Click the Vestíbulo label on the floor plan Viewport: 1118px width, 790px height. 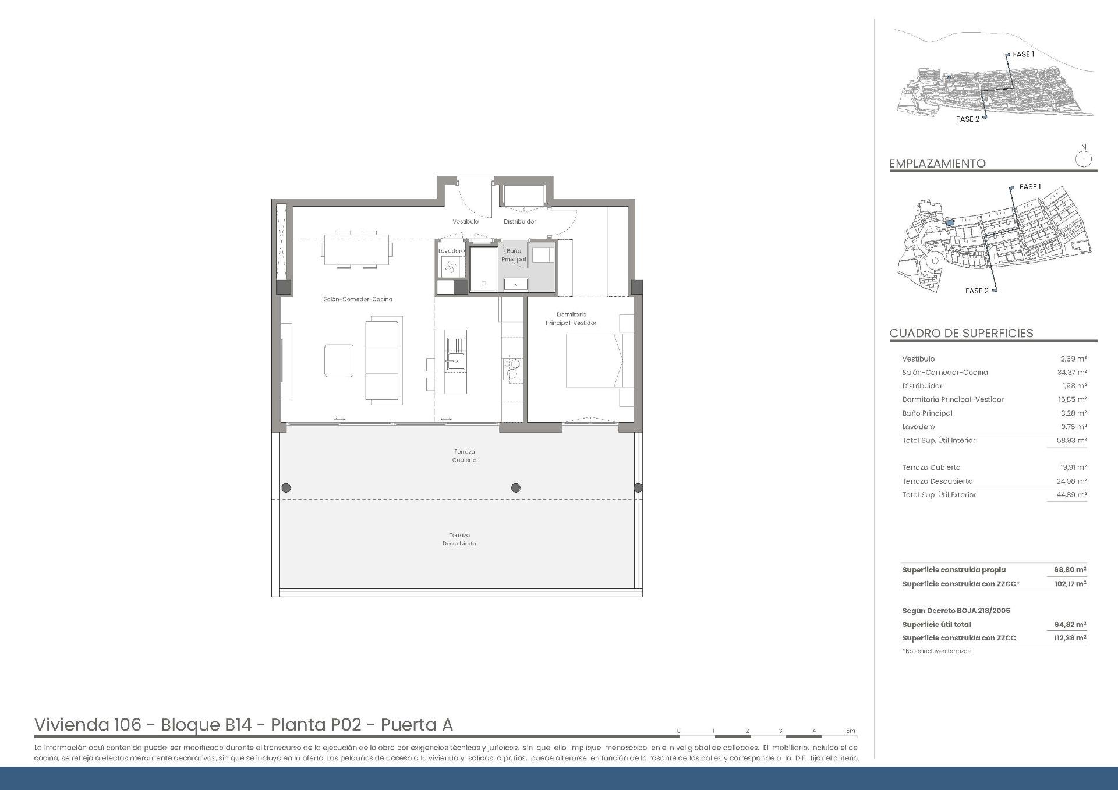465,221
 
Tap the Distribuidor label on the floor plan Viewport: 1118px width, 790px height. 519,221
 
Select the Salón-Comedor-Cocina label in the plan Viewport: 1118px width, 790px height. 358,299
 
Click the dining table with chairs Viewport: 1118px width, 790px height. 356,249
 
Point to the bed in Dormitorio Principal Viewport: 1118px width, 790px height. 593,360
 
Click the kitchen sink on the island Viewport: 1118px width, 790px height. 456,361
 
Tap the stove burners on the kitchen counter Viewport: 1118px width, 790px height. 512,369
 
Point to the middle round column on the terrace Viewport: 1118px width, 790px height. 515,488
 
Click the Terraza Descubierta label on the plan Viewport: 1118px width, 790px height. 459,539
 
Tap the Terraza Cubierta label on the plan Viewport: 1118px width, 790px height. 464,456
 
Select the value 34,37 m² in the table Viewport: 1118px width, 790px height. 1072,373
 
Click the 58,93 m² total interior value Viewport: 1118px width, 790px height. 1071,441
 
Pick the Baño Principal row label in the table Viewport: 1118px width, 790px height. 927,413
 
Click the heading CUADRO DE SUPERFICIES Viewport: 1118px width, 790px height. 961,333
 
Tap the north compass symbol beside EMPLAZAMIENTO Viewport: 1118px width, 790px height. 1083,158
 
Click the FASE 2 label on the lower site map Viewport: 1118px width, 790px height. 977,291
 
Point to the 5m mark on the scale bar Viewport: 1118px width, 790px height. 850,731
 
